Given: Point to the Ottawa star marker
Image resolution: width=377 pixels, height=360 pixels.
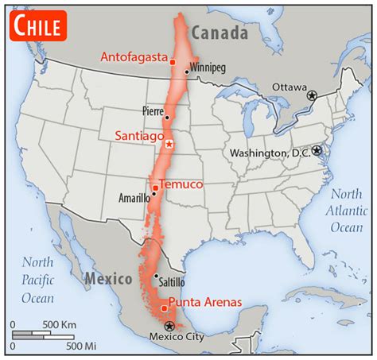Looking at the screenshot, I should coord(312,95).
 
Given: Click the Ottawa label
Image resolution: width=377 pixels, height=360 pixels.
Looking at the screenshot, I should coord(289,86).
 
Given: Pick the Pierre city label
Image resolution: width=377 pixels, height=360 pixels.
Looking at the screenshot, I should coord(153,111).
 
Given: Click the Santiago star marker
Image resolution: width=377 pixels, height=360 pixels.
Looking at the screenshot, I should coord(169,144).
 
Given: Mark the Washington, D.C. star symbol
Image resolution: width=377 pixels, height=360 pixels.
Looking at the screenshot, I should coord(317,149).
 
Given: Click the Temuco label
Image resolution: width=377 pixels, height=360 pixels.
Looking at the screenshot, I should coord(181,184).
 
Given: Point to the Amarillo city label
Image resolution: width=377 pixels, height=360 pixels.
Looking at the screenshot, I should coord(133,198).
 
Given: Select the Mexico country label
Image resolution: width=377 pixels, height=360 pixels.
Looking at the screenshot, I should coord(107,279).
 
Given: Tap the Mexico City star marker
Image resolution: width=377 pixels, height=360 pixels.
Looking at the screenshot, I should coord(168,326).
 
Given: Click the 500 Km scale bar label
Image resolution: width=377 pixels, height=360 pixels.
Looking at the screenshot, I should coord(60,324).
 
